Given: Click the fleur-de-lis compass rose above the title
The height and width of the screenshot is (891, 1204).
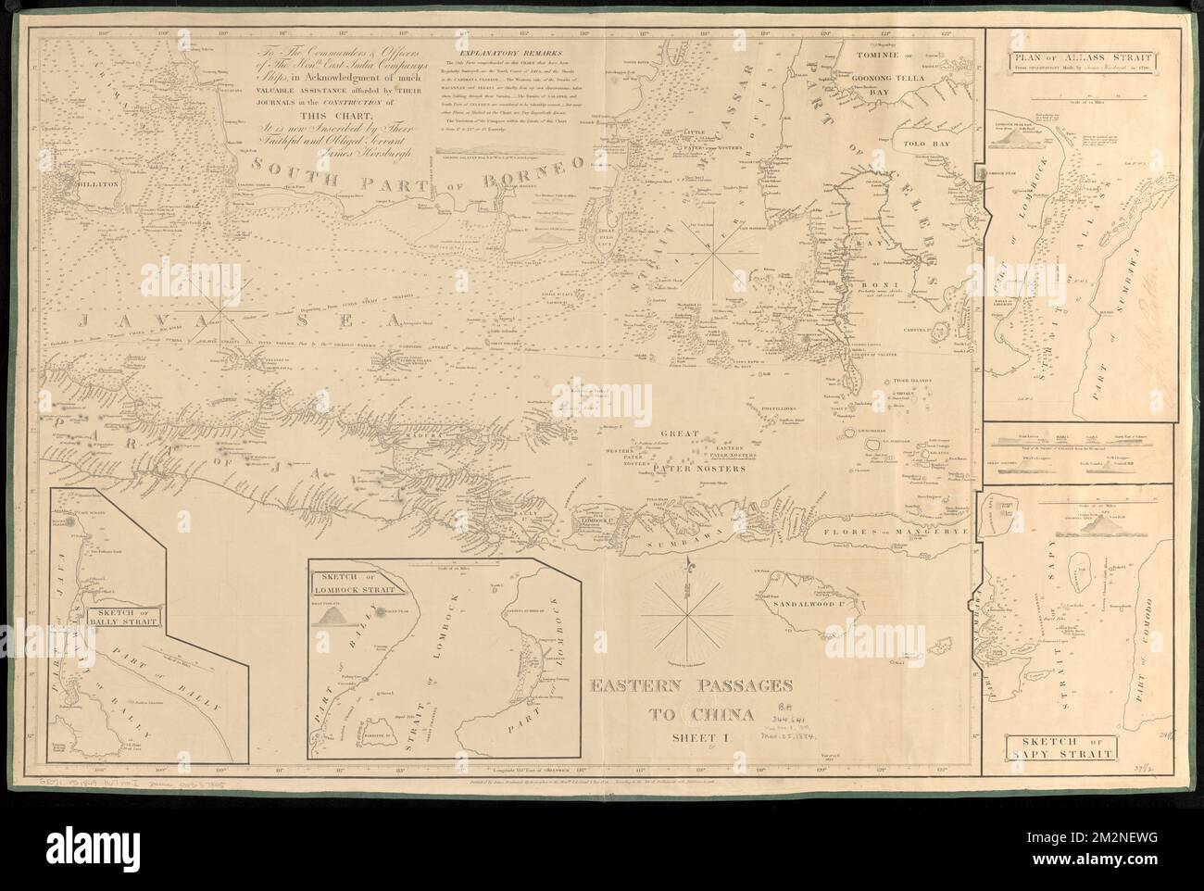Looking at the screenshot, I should (688, 607).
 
